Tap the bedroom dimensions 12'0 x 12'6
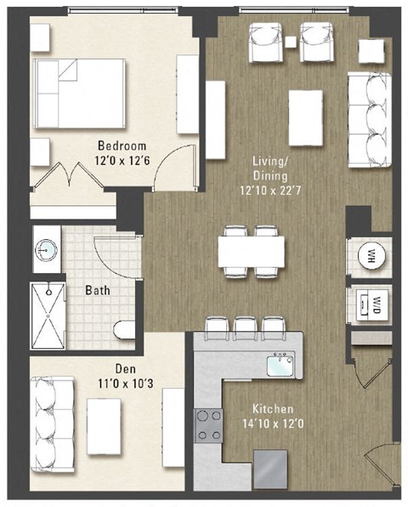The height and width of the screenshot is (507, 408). [x=122, y=157]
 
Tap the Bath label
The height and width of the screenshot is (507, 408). [x=97, y=290]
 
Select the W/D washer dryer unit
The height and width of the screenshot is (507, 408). [x=371, y=303]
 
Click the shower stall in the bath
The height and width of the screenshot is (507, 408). [x=48, y=316]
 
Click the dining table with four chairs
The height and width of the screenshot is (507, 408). [x=252, y=251]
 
